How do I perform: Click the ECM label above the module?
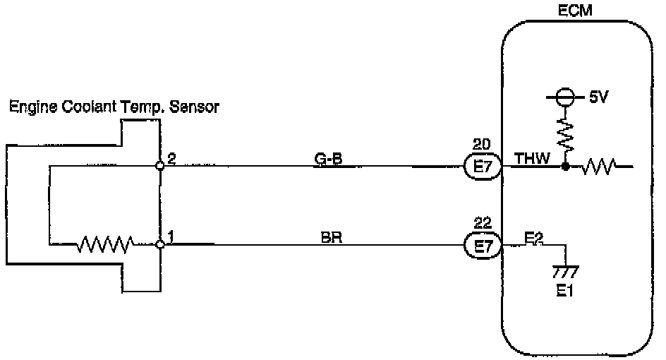tap(576, 11)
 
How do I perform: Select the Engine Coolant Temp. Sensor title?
tap(114, 107)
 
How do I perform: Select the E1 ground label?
tap(564, 291)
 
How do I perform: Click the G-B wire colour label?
tap(329, 159)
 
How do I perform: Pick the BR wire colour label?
tap(329, 237)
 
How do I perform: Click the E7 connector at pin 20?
tap(482, 167)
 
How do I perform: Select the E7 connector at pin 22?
tap(482, 246)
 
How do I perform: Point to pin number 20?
tap(482, 145)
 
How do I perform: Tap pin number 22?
tap(482, 223)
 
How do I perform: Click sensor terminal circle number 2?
tap(161, 167)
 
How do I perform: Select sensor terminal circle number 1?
tap(161, 245)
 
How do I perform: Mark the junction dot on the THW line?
tap(565, 167)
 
